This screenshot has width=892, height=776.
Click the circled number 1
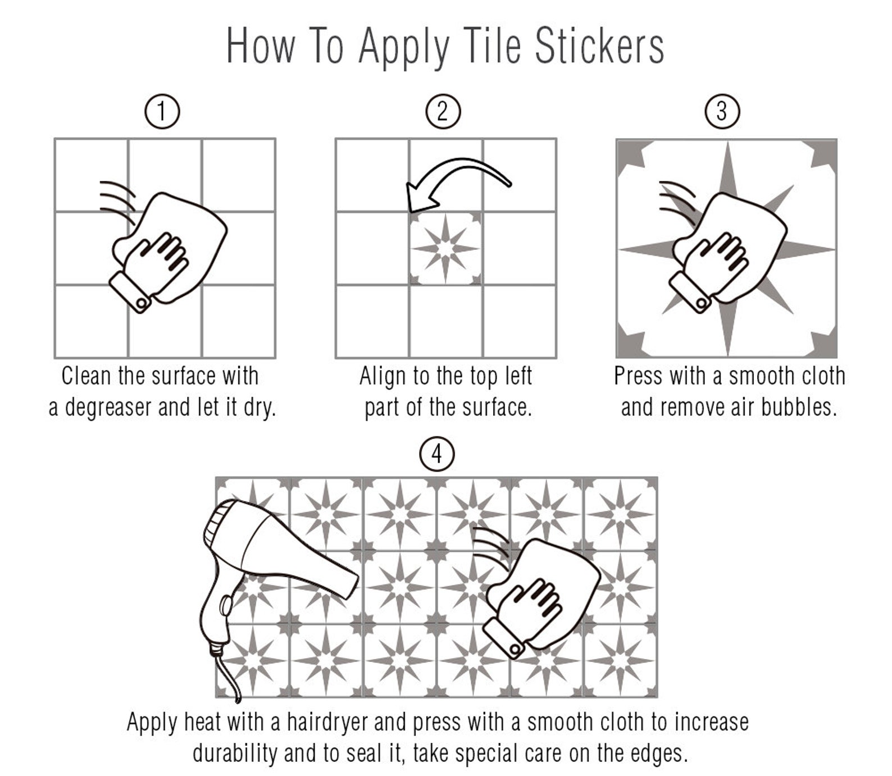162,111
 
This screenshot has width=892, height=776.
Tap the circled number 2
443,111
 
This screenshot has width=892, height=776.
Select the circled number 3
722,111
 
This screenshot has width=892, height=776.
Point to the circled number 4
437,455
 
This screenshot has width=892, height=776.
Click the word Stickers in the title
599,46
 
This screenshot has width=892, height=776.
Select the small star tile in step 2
446,248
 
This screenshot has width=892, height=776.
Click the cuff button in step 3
702,304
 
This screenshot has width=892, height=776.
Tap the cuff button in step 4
515,649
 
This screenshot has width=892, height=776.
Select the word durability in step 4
235,754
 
